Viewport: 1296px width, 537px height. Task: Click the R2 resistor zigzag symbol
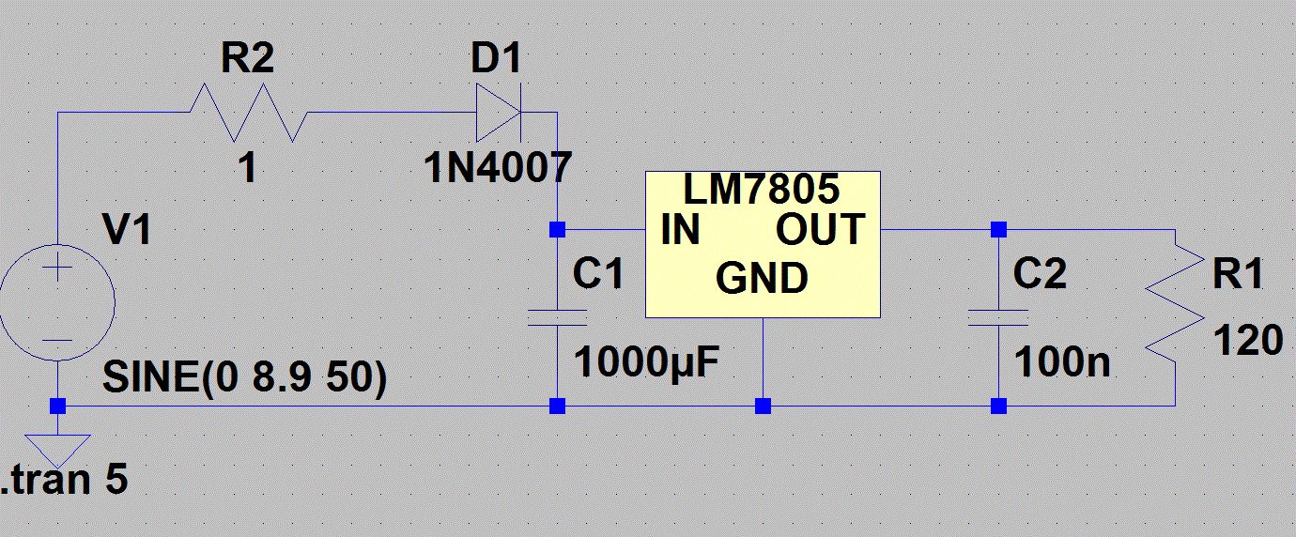pos(249,113)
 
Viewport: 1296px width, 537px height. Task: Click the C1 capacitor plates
pos(557,316)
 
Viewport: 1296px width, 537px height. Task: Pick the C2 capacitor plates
pos(998,316)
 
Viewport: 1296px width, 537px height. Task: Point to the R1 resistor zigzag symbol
pos(1174,305)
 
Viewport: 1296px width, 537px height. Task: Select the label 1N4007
pos(497,169)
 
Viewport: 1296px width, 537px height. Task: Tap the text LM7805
pos(760,191)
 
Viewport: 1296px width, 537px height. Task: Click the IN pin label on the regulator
pos(681,230)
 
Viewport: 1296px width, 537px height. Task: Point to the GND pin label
pos(761,279)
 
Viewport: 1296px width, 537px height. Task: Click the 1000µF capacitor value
pos(646,361)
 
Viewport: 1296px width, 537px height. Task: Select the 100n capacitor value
pos(1061,361)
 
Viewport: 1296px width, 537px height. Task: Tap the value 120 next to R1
pos(1248,341)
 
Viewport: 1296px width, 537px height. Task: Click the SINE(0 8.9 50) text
pos(243,380)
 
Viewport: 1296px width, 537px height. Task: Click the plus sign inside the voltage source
pos(57,269)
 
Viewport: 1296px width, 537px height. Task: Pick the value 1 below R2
pos(247,169)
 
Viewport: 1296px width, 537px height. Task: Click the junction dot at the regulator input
pos(557,229)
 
